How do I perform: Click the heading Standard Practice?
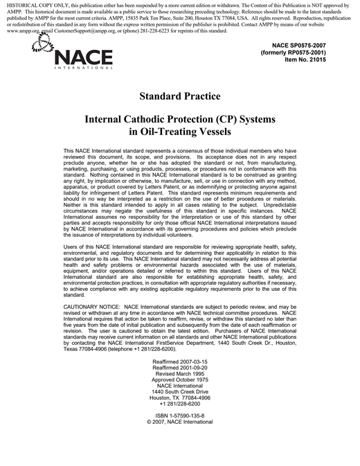click(179, 96)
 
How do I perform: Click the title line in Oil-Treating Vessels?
click(179, 132)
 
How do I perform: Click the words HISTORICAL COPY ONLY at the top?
click(34, 5)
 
